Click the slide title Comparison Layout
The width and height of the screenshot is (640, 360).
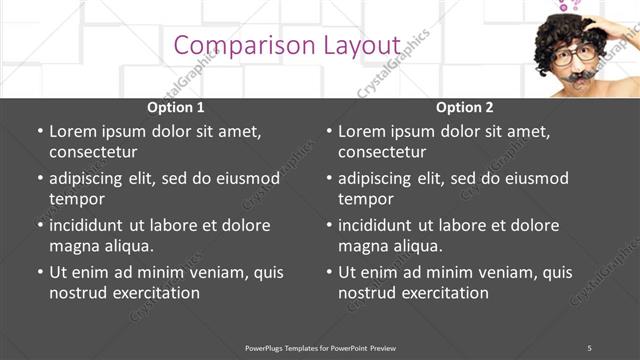(x=287, y=46)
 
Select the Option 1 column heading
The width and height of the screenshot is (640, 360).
(x=176, y=107)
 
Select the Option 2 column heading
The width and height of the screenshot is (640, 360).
(x=465, y=107)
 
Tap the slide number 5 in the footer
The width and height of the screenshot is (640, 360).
(x=589, y=347)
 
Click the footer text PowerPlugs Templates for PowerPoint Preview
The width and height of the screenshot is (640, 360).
(x=320, y=347)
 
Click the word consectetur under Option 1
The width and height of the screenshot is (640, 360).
(x=93, y=152)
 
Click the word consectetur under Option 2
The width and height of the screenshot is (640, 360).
(x=382, y=152)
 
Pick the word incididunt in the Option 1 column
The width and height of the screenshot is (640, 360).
(x=87, y=225)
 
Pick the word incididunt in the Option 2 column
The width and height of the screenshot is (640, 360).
(x=376, y=225)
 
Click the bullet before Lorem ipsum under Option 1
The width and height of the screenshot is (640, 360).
(x=40, y=132)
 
